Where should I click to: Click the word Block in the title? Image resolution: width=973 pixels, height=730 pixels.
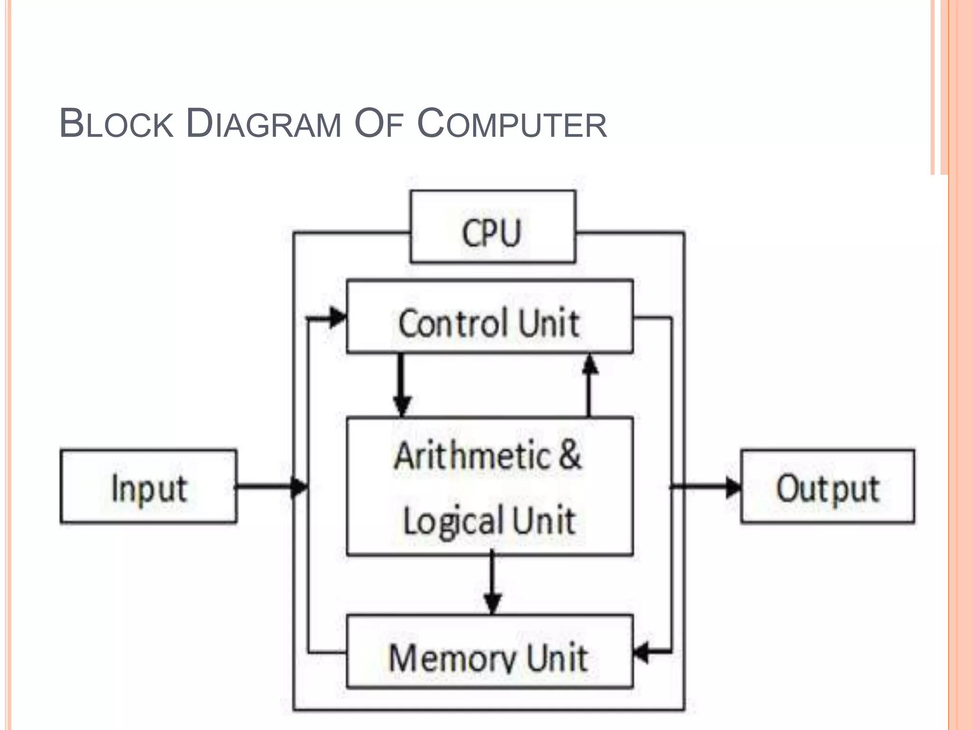pyautogui.click(x=116, y=124)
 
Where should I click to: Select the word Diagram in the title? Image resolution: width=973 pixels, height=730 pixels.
pyautogui.click(x=263, y=124)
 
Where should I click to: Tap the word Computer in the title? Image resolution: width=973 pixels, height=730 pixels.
pyautogui.click(x=512, y=124)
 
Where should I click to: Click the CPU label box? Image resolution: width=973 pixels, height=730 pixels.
pyautogui.click(x=493, y=227)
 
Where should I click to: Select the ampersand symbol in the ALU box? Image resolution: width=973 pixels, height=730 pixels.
pyautogui.click(x=570, y=455)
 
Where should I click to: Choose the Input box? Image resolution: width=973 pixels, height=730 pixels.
pyautogui.click(x=148, y=486)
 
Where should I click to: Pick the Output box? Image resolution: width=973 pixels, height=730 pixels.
pyautogui.click(x=827, y=486)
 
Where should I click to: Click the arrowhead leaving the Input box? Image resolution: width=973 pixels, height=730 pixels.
pyautogui.click(x=299, y=487)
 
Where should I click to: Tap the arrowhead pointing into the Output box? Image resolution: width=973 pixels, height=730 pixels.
pyautogui.click(x=734, y=487)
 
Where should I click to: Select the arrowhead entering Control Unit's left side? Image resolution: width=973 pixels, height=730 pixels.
pyautogui.click(x=338, y=317)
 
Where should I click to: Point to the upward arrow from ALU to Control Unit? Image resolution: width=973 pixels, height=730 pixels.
pyautogui.click(x=590, y=385)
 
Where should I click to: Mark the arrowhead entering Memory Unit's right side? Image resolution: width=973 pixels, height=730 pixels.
pyautogui.click(x=642, y=652)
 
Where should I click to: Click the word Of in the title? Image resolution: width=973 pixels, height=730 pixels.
pyautogui.click(x=379, y=124)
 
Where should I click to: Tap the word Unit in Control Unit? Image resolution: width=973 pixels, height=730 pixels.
pyautogui.click(x=549, y=323)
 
